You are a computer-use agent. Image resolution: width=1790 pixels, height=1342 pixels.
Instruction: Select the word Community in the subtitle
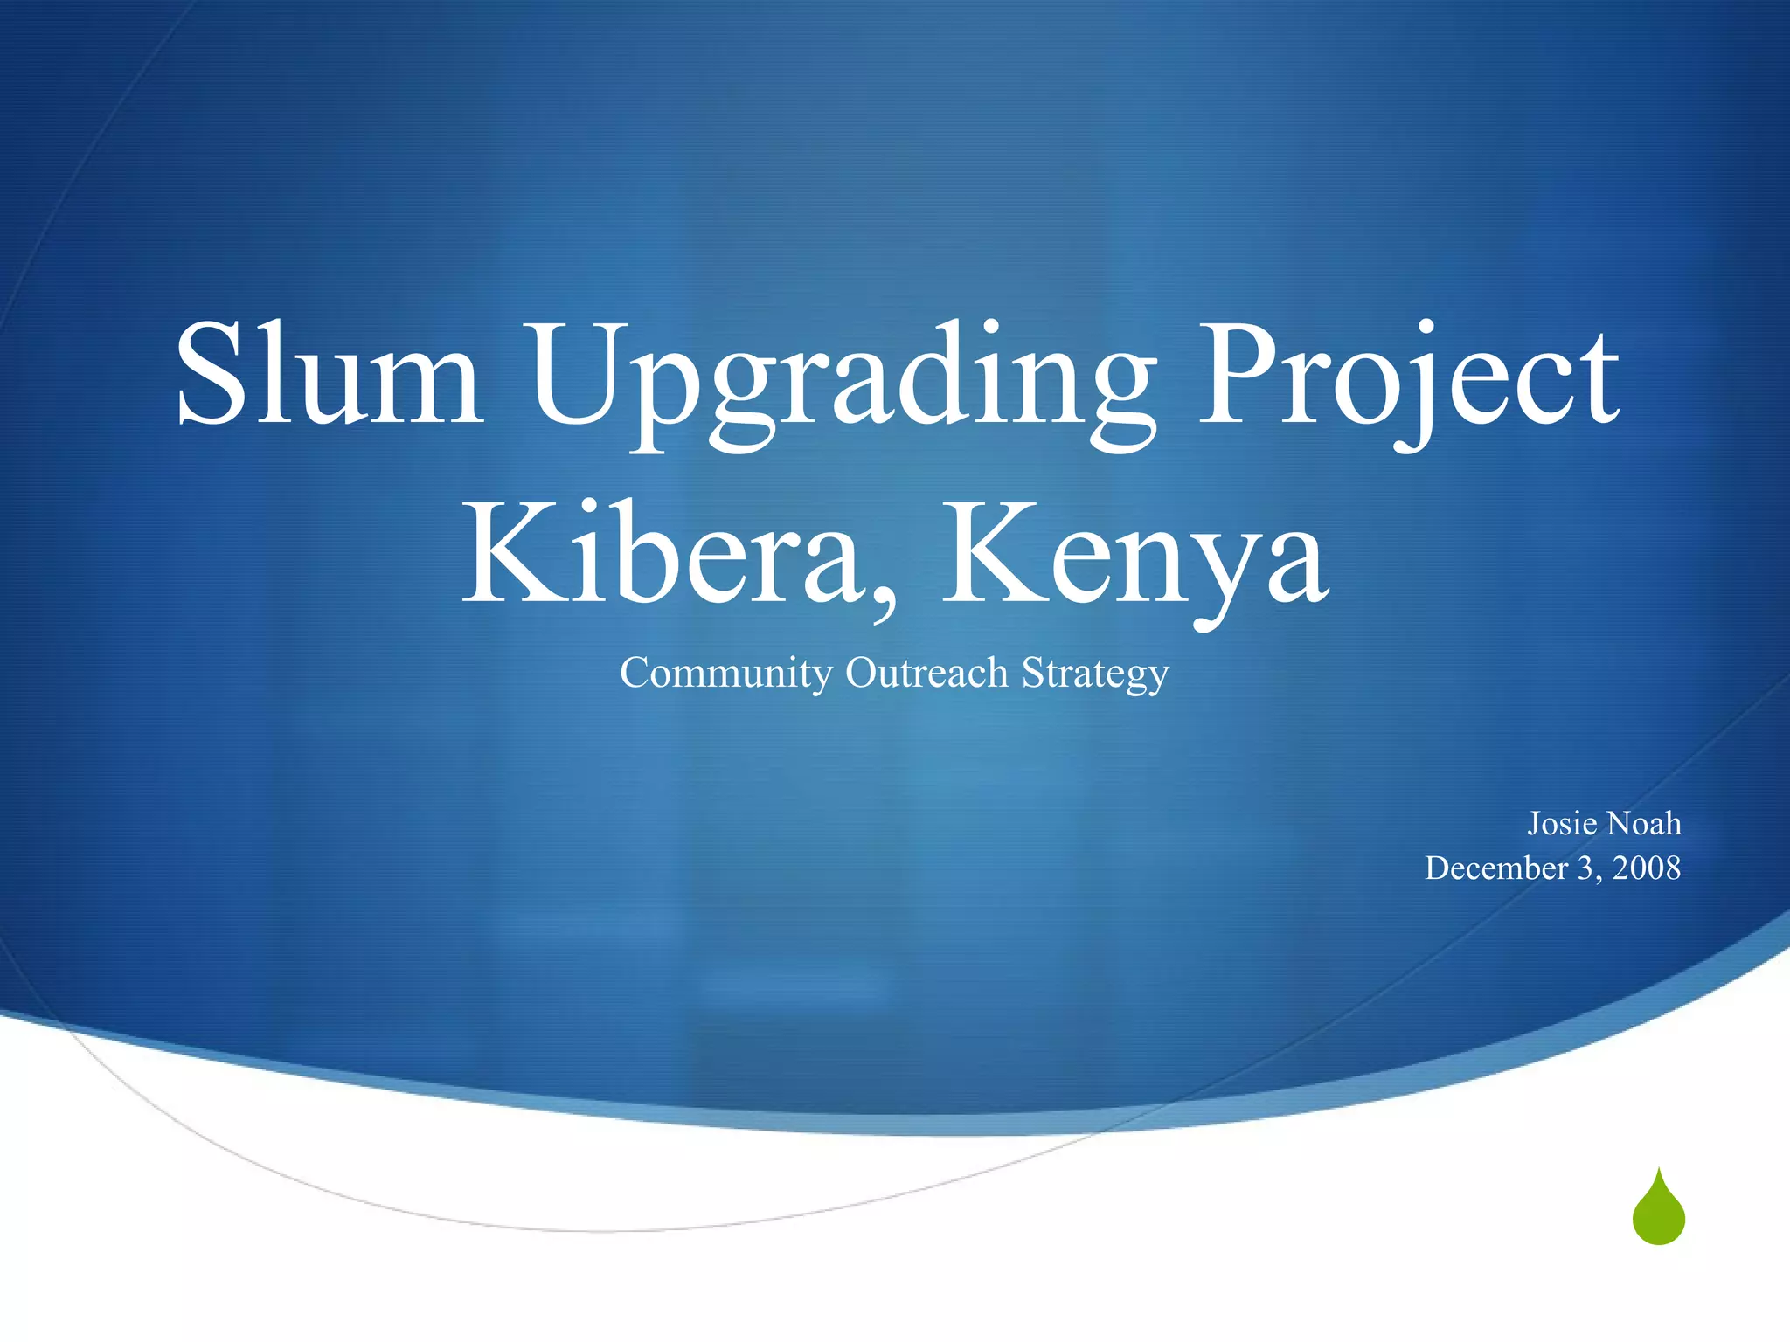click(726, 674)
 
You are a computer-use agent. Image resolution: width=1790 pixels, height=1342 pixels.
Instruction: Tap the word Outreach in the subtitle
click(927, 673)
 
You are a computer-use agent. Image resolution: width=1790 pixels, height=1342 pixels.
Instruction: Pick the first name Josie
click(1562, 824)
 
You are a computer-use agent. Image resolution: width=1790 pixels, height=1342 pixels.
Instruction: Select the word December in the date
click(1496, 868)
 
